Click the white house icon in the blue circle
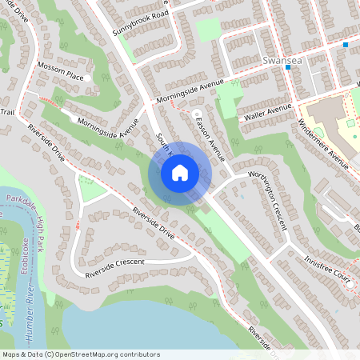[x=179, y=173]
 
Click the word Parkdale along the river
[x=22, y=199]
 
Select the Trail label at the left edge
[x=7, y=112]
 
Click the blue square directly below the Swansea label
[x=288, y=68]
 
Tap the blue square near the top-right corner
[x=346, y=45]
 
